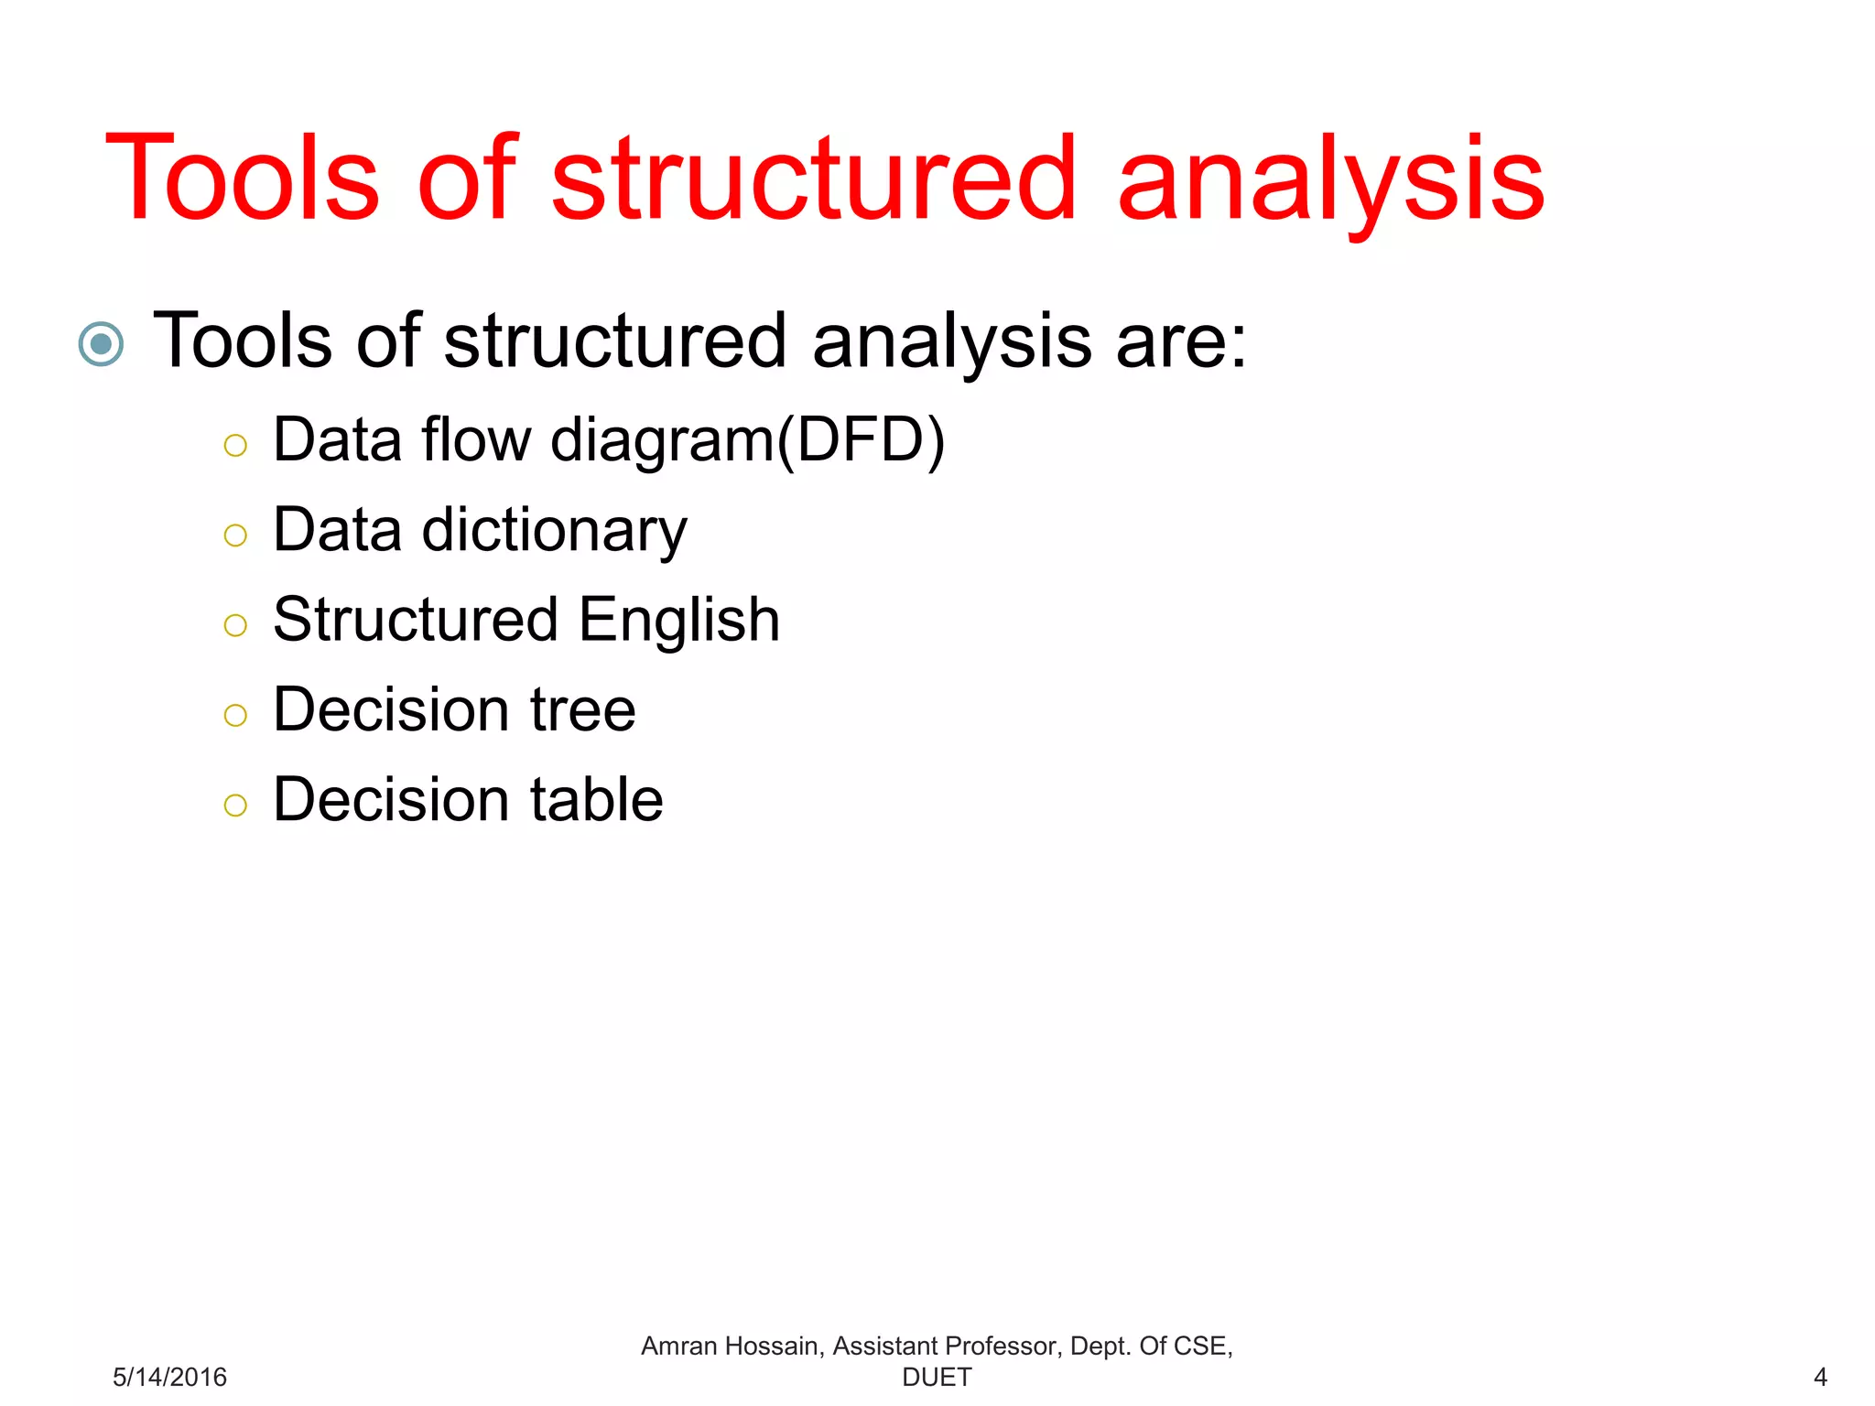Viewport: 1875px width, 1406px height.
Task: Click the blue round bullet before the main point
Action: (x=101, y=344)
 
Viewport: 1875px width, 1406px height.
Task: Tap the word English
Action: (x=679, y=621)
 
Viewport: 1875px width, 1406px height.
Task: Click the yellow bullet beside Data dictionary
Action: (x=235, y=535)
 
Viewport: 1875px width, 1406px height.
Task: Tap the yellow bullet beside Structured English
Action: (x=235, y=625)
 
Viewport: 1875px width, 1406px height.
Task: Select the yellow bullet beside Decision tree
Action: (x=235, y=715)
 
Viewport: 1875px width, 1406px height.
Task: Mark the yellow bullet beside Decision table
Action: (x=235, y=805)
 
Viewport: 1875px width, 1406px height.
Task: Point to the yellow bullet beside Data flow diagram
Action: (x=235, y=446)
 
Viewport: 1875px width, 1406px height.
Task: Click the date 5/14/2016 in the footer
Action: (x=169, y=1377)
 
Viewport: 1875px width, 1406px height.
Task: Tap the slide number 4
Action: (x=1820, y=1377)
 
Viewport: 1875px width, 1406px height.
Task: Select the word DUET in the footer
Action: (x=937, y=1377)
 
